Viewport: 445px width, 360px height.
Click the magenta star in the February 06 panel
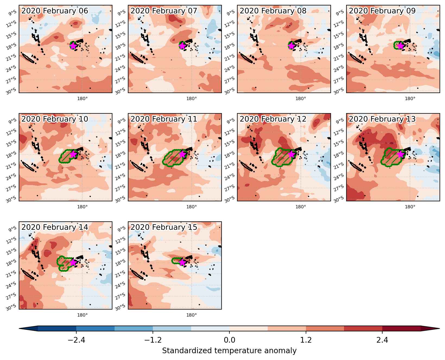point(73,46)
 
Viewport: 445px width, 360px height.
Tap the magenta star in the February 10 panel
point(73,154)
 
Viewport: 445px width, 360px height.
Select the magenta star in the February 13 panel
point(400,154)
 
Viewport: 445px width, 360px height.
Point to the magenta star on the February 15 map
point(182,262)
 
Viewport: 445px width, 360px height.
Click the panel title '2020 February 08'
point(273,11)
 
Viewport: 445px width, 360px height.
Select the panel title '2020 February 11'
point(164,119)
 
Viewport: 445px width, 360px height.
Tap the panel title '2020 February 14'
point(55,227)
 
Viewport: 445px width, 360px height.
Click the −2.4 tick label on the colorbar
point(76,340)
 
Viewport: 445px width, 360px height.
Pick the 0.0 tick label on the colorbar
point(229,340)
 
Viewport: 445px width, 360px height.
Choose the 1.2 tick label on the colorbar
point(306,340)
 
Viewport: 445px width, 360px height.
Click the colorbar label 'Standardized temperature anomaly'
point(229,351)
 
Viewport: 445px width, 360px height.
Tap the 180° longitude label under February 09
point(410,98)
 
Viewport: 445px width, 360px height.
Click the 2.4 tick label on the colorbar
point(382,340)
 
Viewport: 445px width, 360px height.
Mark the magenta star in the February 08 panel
point(291,46)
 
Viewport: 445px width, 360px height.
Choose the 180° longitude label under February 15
point(191,315)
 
